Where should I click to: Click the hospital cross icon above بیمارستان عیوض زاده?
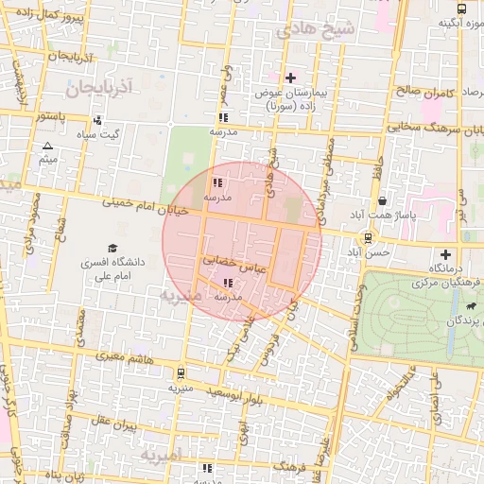click(290, 78)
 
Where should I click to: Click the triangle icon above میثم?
click(47, 146)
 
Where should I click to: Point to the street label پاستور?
click(47, 116)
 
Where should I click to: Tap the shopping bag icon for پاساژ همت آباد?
click(381, 201)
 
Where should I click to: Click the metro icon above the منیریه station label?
click(181, 373)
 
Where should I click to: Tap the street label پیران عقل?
click(115, 425)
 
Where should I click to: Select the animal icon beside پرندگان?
click(470, 306)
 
